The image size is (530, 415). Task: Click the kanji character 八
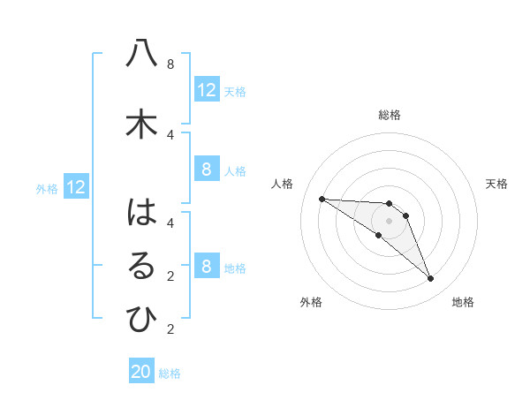point(141,54)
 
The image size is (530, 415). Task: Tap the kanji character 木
point(141,124)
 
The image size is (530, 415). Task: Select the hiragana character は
point(141,213)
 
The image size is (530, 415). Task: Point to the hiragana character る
point(141,267)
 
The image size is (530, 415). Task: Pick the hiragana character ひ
point(141,320)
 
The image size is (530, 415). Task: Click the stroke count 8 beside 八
point(170,64)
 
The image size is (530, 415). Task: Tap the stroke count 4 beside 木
point(170,134)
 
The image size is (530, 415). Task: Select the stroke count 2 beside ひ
point(170,329)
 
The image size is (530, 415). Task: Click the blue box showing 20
point(141,373)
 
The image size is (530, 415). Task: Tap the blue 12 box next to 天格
point(207,90)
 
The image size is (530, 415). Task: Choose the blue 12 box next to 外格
point(75,187)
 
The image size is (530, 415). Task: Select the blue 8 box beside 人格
point(207,170)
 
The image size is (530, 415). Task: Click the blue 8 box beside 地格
point(207,267)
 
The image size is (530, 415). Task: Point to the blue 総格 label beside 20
point(170,373)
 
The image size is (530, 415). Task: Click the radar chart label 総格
point(390,115)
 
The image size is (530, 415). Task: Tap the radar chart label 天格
point(497,184)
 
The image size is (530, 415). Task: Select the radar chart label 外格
point(311,302)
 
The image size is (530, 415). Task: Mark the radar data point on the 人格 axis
point(322,199)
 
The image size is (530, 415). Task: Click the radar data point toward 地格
point(430,279)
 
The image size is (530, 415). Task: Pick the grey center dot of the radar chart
point(389,221)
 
